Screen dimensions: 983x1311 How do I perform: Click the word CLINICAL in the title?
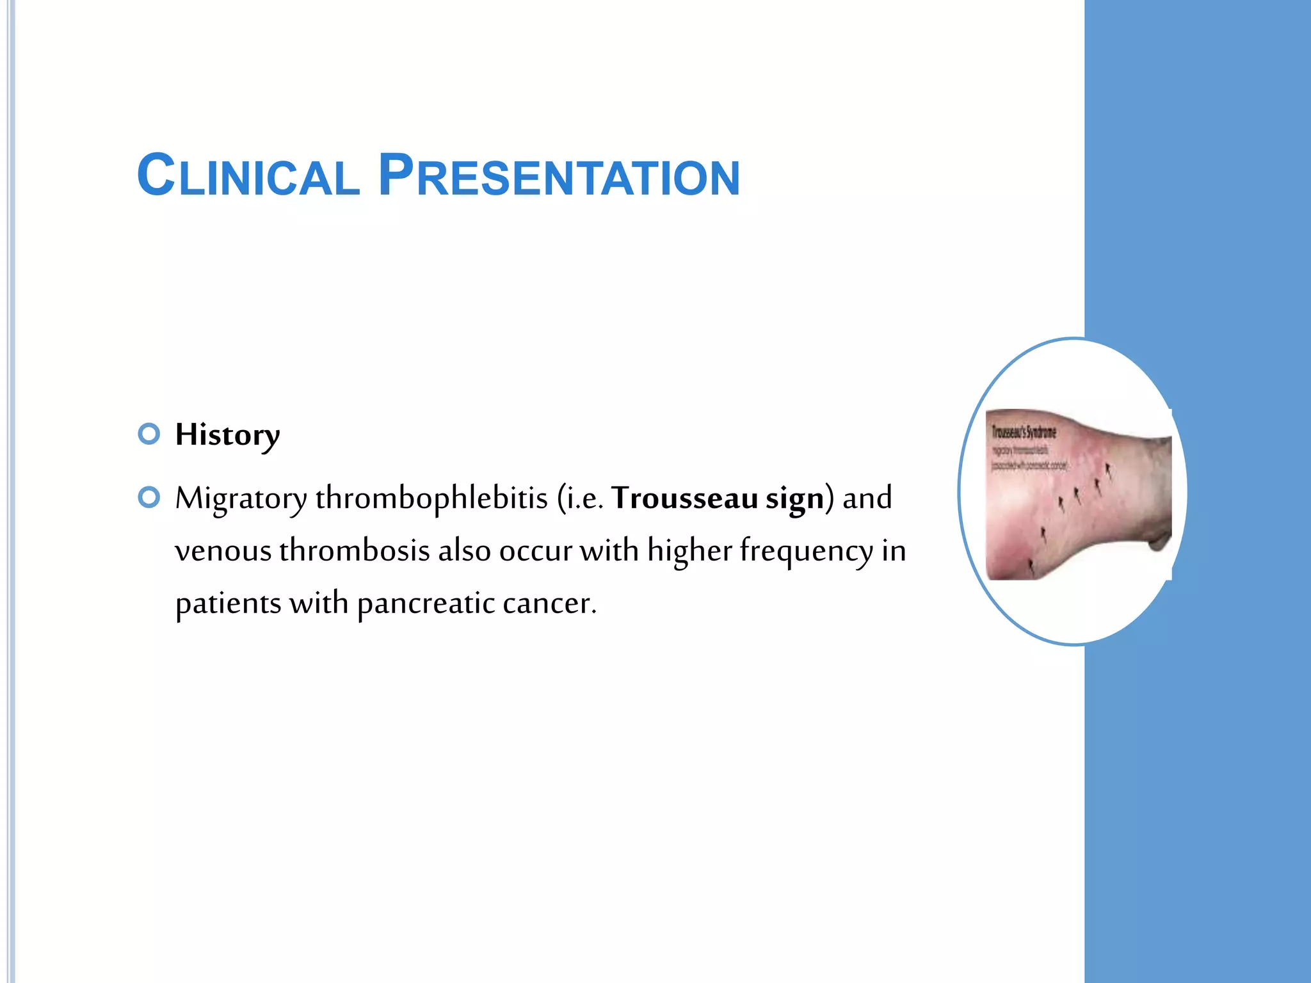[x=248, y=176]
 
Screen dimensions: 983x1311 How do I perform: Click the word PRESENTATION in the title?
[x=559, y=176]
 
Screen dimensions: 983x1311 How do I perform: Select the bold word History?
[x=227, y=435]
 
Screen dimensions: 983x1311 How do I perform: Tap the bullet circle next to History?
[x=149, y=434]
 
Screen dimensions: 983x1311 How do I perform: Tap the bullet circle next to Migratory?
[x=149, y=497]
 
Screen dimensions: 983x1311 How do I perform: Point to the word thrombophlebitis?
[x=431, y=498]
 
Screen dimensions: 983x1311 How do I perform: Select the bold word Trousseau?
[x=684, y=498]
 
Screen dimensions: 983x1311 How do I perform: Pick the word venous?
[x=223, y=551]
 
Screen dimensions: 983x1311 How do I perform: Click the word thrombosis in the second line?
[x=354, y=550]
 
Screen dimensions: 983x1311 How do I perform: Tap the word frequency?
[x=806, y=551]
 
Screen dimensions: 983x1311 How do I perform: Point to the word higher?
[x=689, y=550]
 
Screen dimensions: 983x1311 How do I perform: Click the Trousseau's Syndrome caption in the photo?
[x=1024, y=433]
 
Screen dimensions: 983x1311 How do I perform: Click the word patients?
[x=228, y=603]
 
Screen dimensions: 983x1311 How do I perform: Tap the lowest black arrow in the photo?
[x=1031, y=565]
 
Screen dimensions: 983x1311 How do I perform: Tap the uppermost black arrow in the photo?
[x=1108, y=472]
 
